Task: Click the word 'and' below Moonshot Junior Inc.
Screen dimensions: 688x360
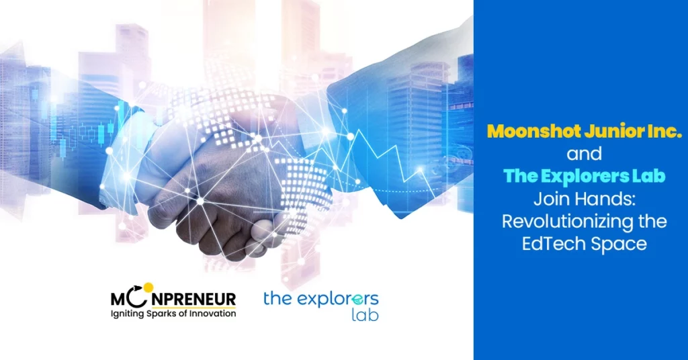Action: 584,154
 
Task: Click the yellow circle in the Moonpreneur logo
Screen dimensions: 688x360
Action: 148,287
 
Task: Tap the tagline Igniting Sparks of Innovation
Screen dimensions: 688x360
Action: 173,314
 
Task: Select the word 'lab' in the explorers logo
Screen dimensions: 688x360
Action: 365,314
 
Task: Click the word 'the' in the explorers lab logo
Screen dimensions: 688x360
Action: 277,299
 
